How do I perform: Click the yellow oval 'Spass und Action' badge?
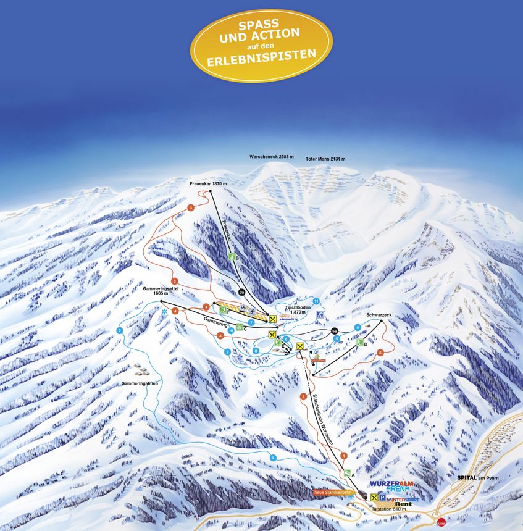coord(261,45)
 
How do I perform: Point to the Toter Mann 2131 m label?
coord(325,159)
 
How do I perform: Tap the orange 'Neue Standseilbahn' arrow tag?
coord(332,492)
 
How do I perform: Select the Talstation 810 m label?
coord(390,509)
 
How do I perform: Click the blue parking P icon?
coord(382,497)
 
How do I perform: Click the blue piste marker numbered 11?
coord(316,301)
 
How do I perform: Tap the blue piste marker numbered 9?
coord(228,352)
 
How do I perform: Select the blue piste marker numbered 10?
coord(231,331)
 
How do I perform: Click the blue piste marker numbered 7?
coord(251,322)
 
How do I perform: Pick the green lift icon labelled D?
coord(359,341)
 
